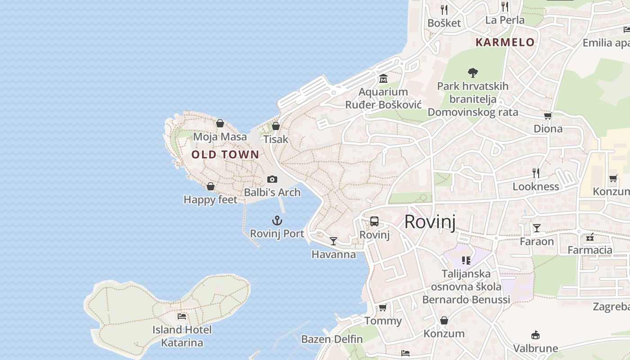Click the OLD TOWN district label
point(225,155)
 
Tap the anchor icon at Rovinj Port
point(277,220)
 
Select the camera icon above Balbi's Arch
point(272,179)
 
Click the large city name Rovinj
point(430,222)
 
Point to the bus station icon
point(374,221)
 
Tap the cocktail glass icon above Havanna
point(333,241)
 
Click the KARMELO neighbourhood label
point(505,42)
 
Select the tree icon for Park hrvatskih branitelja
point(472,72)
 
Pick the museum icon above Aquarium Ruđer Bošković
point(383,79)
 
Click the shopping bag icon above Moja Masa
point(220,123)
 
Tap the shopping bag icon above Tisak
point(276,126)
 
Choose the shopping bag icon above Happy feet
point(211,186)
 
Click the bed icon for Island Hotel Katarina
point(182,316)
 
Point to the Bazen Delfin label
point(332,339)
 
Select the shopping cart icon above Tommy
point(383,307)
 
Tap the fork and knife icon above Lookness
point(536,173)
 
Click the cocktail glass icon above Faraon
point(537,228)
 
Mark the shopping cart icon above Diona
point(548,116)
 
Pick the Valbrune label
point(535,348)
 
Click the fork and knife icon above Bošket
point(444,9)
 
